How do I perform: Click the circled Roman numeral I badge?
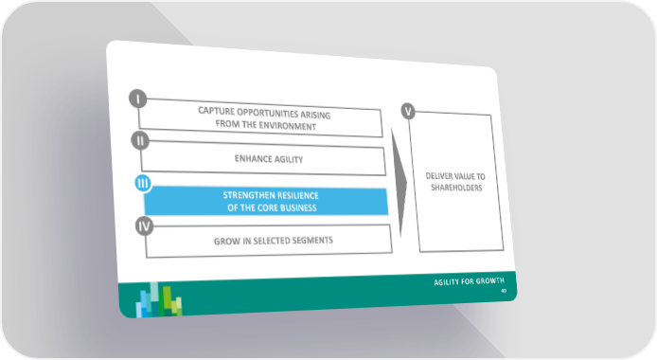pos(138,99)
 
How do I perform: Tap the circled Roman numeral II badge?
pos(140,141)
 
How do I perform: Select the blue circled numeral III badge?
pos(143,184)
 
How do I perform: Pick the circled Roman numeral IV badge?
pos(144,226)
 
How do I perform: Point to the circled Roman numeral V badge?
pos(408,112)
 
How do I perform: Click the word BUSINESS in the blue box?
pos(296,207)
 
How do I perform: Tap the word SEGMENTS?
pos(312,240)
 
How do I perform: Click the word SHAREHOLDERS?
pos(456,188)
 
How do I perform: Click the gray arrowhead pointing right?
pos(399,183)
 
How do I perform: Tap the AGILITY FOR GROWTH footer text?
pos(469,281)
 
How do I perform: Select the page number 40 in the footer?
pos(504,291)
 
